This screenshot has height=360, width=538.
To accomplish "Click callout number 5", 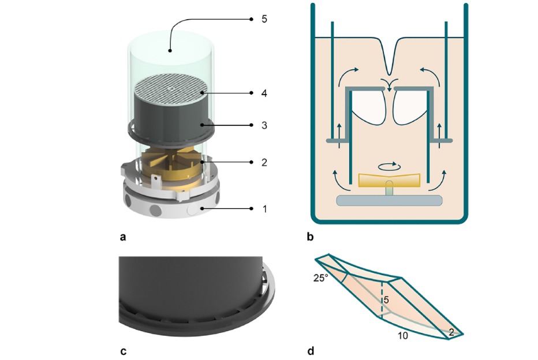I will pos(264,19).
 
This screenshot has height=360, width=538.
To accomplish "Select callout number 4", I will pos(264,93).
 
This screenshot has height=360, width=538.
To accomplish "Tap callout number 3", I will pos(264,125).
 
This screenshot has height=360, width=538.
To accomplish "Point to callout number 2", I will pos(264,163).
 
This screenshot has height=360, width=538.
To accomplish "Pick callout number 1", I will pos(264,208).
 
